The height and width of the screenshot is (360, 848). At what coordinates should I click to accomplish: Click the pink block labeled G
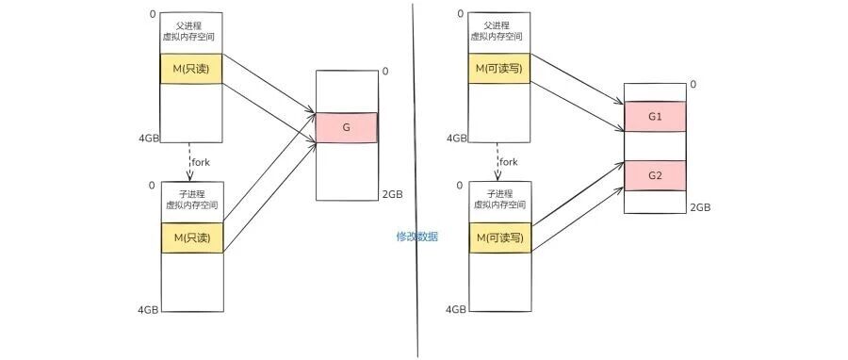pyautogui.click(x=347, y=127)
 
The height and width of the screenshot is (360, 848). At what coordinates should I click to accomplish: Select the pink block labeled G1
pyautogui.click(x=655, y=116)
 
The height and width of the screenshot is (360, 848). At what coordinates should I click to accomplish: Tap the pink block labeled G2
pyautogui.click(x=655, y=175)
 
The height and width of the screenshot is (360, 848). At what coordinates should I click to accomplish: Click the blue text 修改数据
pyautogui.click(x=417, y=237)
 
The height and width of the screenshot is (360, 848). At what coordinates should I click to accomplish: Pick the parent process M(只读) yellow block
pyautogui.click(x=192, y=69)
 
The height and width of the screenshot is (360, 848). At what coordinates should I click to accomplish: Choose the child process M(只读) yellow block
pyautogui.click(x=192, y=237)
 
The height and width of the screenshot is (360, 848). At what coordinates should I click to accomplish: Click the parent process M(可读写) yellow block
pyautogui.click(x=499, y=69)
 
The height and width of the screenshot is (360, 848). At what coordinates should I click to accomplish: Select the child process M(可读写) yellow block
pyautogui.click(x=500, y=237)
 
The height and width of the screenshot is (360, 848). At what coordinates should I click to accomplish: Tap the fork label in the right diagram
pyautogui.click(x=508, y=161)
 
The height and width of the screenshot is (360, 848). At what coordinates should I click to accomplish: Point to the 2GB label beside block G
pyautogui.click(x=392, y=194)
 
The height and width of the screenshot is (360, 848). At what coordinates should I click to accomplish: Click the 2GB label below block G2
pyautogui.click(x=700, y=207)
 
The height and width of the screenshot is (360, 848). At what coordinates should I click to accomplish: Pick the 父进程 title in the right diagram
pyautogui.click(x=497, y=25)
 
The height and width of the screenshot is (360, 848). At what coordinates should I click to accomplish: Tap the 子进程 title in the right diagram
pyautogui.click(x=500, y=194)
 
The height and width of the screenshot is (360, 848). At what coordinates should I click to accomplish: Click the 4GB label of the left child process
pyautogui.click(x=148, y=310)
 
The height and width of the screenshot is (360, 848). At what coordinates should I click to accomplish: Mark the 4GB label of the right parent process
pyautogui.click(x=456, y=139)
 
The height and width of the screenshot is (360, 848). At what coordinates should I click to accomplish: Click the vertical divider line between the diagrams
pyautogui.click(x=416, y=180)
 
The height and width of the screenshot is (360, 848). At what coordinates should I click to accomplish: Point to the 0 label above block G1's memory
pyautogui.click(x=693, y=84)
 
